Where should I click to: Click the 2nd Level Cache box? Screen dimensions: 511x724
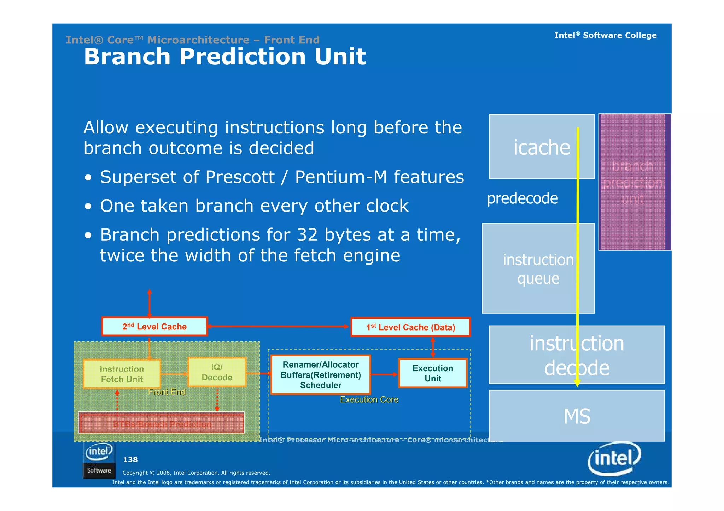point(154,327)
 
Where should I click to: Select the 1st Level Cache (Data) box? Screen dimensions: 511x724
point(410,327)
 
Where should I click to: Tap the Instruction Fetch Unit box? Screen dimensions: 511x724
point(122,374)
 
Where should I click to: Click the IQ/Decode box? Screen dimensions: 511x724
point(217,372)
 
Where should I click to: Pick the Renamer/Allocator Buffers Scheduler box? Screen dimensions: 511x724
point(321,375)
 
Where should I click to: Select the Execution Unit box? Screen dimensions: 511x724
point(433,373)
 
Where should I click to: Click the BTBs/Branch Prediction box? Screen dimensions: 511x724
point(162,423)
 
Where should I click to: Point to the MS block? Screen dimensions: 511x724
point(577,416)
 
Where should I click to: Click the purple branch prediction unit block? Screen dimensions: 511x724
point(633,182)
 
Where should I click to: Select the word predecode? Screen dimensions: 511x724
point(522,198)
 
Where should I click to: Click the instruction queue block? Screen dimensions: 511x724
point(538,269)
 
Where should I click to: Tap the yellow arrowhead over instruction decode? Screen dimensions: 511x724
point(577,383)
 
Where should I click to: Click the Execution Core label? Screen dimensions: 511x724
point(369,399)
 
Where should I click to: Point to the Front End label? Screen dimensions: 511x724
point(167,392)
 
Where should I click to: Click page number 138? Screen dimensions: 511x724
point(130,459)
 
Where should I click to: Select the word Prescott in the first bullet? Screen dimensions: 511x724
point(240,177)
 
